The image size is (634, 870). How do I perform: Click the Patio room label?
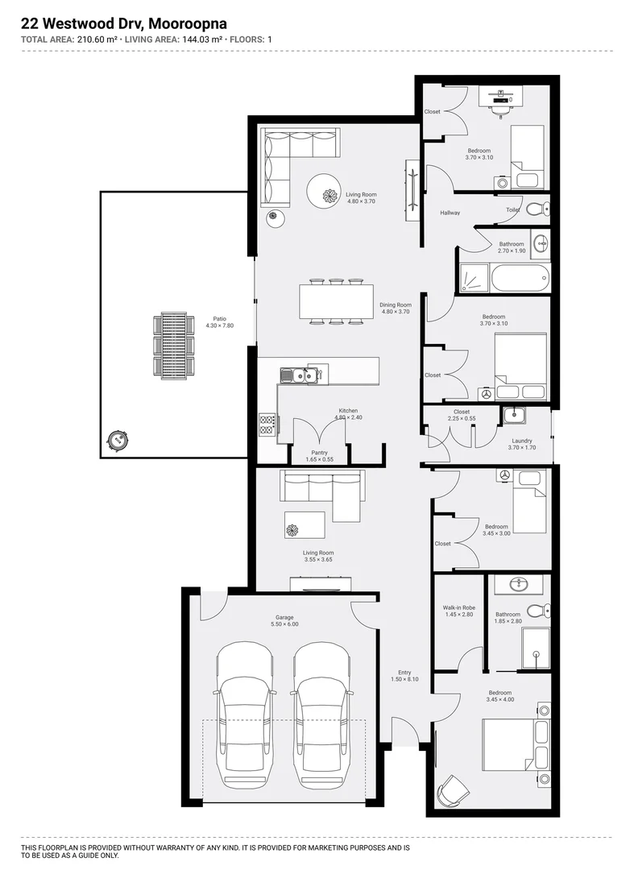click(x=213, y=321)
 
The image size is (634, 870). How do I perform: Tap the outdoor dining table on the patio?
click(x=173, y=344)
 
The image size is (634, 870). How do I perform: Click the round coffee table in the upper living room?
click(x=329, y=195)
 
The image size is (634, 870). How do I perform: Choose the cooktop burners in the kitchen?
click(x=267, y=425)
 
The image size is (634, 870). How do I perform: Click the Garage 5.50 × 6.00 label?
click(x=285, y=620)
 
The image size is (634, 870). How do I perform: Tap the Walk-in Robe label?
click(x=458, y=611)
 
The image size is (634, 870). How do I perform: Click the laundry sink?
click(x=514, y=416)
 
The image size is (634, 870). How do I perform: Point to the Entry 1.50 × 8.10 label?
click(x=404, y=676)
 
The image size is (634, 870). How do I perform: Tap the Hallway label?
click(x=450, y=213)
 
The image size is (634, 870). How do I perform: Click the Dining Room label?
click(x=396, y=308)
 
